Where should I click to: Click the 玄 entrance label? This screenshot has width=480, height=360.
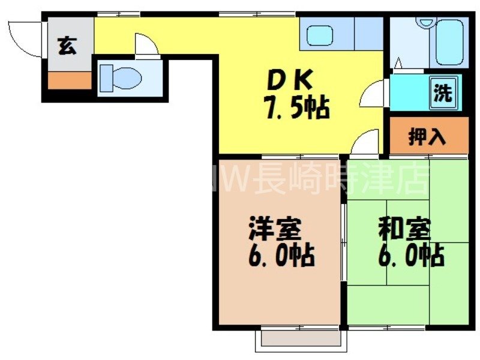[67, 46]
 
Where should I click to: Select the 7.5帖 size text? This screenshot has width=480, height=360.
[296, 108]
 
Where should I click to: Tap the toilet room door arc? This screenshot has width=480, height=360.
[146, 46]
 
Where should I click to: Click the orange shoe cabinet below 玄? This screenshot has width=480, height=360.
[69, 80]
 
